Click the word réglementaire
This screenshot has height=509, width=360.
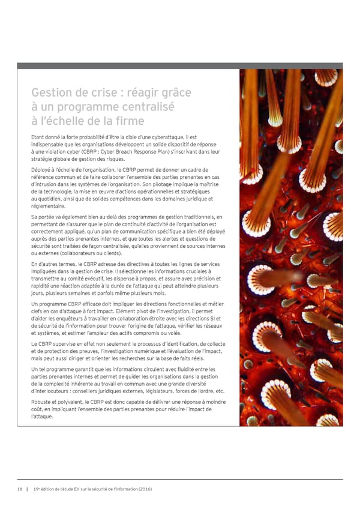52,205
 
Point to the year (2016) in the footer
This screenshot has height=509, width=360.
142,489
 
